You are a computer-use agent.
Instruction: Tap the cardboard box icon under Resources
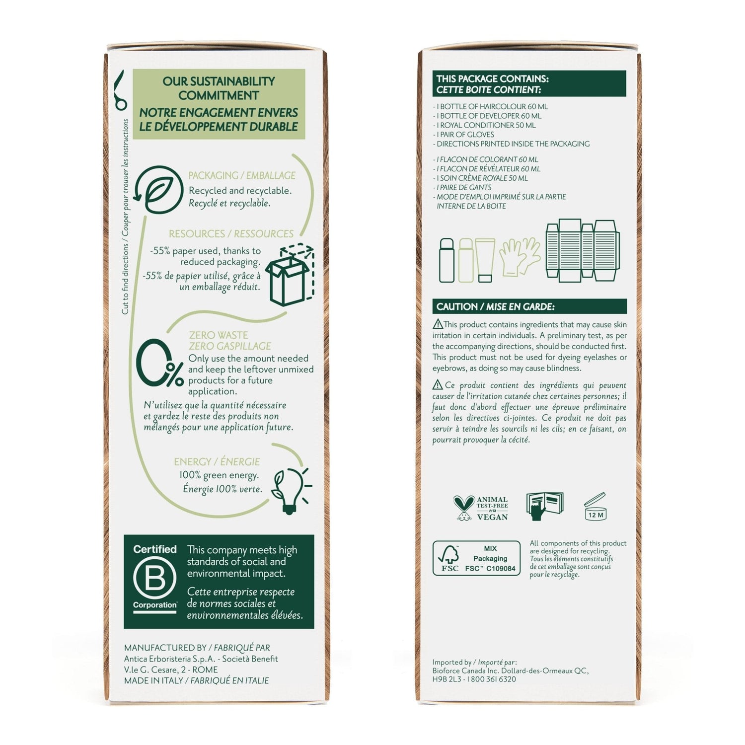click(290, 274)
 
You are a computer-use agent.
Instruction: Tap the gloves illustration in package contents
click(520, 257)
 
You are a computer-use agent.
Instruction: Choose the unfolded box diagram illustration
click(583, 250)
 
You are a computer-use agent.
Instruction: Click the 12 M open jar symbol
click(595, 507)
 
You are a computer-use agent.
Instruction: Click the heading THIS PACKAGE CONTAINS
click(492, 78)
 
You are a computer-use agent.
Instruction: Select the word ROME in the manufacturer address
click(205, 670)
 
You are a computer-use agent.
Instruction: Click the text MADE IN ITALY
click(153, 680)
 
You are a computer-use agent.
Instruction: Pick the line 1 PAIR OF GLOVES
click(463, 135)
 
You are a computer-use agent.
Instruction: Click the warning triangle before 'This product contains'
click(438, 324)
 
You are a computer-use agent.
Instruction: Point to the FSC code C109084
click(501, 568)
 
